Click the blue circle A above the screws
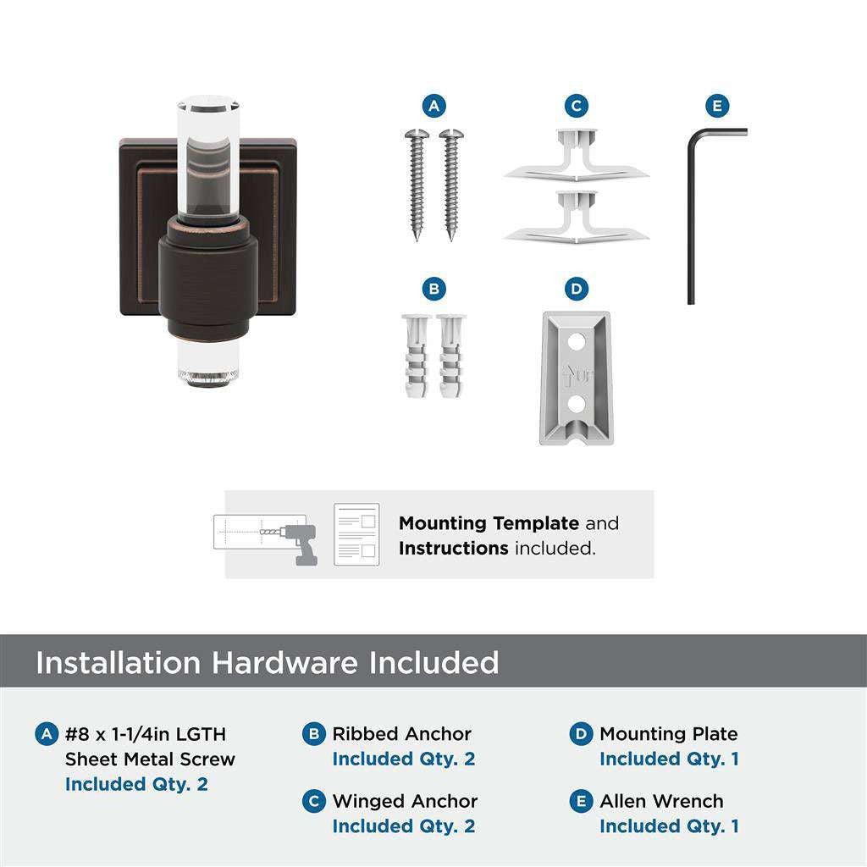433,106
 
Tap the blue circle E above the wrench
717,106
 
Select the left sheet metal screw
417,182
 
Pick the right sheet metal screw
450,182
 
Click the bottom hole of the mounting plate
576,405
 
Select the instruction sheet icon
356,535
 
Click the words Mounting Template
489,523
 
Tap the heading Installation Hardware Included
267,662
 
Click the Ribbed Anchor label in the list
401,734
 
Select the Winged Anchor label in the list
405,801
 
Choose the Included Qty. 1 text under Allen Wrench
669,826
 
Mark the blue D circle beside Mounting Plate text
581,734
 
